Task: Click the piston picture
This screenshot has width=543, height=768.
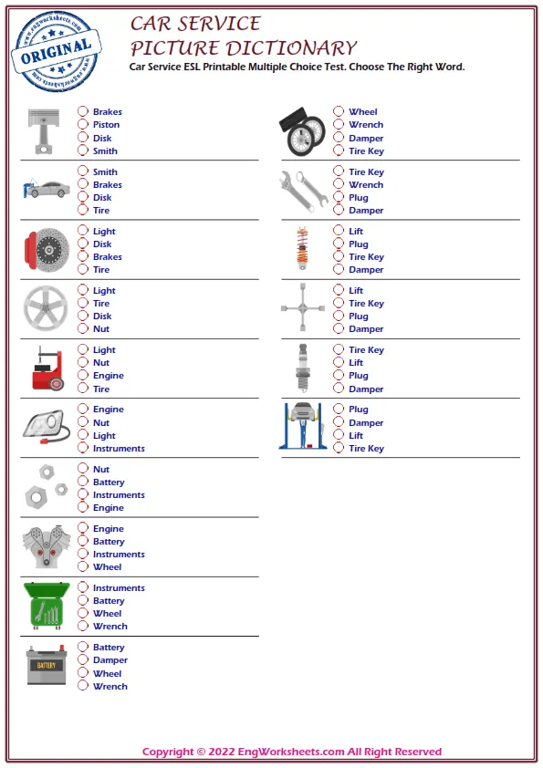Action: coord(42,130)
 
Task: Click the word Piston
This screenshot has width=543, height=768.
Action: coord(106,125)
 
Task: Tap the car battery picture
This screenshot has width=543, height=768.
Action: coord(45,665)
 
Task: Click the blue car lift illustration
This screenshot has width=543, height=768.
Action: coord(301,426)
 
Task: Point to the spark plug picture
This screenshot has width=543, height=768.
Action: coord(302,367)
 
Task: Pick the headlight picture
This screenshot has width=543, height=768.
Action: coord(46,427)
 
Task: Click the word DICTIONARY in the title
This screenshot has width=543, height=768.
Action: coord(290,48)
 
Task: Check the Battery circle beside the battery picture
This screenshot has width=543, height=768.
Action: coord(83,647)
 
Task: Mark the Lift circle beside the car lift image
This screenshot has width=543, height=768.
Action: coord(339,435)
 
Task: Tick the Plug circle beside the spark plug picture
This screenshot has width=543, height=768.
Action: coord(339,375)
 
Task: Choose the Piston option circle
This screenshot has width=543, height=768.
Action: coord(83,125)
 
